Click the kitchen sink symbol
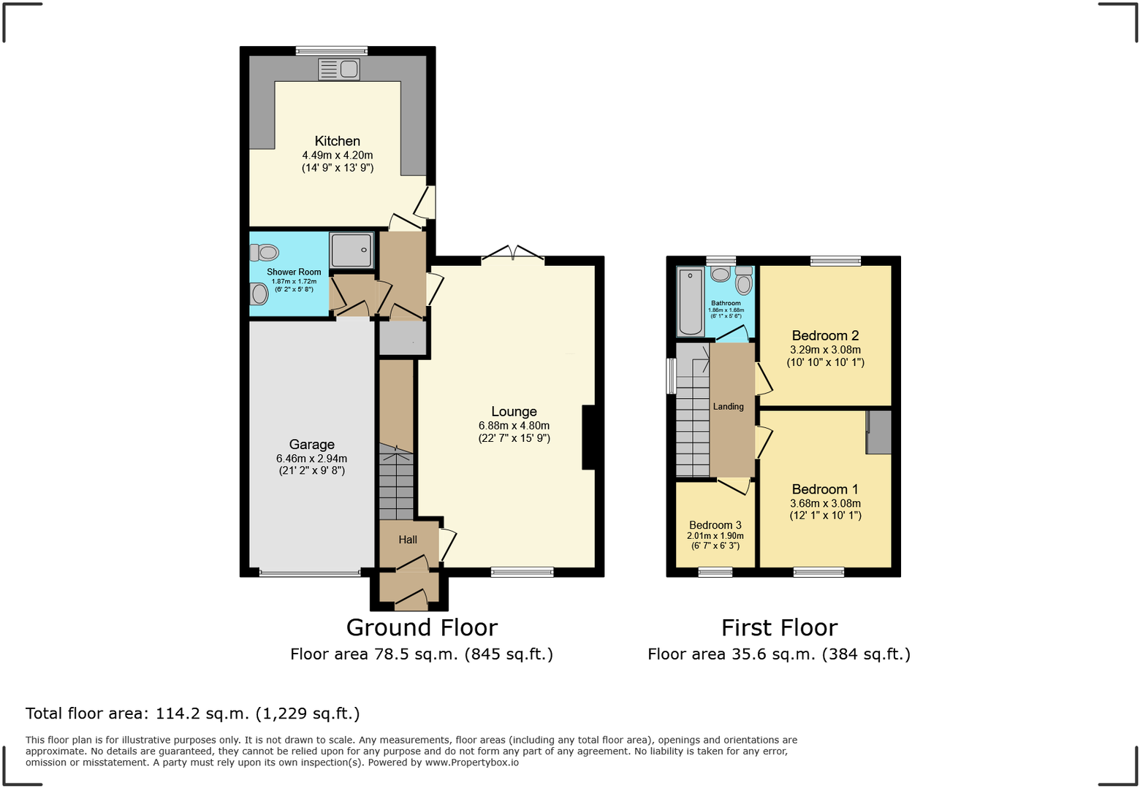[338, 69]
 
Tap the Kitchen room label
[337, 141]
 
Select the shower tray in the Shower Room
[351, 250]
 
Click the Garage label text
[311, 444]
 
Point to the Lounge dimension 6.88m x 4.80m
[514, 426]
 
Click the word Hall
[408, 540]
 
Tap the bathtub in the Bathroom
[690, 300]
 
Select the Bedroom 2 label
[825, 336]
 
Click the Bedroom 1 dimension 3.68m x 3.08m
[825, 503]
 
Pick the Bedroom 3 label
[715, 525]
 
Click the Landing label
[728, 407]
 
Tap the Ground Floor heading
[422, 627]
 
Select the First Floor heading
[779, 627]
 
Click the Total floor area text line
[193, 714]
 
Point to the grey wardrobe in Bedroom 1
[879, 432]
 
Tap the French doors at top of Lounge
[513, 254]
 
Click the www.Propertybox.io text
[471, 762]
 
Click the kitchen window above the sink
[331, 51]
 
